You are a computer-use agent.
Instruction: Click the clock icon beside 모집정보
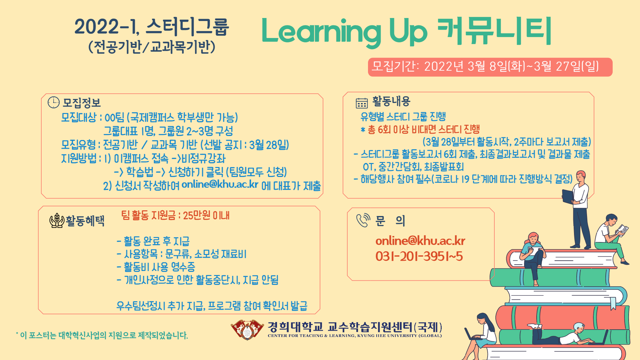pyautogui.click(x=53, y=102)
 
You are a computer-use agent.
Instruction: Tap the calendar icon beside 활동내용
pyautogui.click(x=362, y=103)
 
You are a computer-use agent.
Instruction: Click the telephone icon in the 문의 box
pyautogui.click(x=363, y=220)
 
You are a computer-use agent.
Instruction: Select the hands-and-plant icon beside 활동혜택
pyautogui.click(x=57, y=220)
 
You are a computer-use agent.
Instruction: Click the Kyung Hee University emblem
pyautogui.click(x=247, y=330)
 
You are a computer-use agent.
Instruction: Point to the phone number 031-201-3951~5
pyautogui.click(x=419, y=256)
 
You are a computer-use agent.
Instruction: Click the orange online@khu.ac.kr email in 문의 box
pyautogui.click(x=420, y=241)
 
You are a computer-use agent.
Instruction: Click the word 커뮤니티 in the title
pyautogui.click(x=494, y=31)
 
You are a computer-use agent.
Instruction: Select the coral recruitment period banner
pyautogui.click(x=490, y=67)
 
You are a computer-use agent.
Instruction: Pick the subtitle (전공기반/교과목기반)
pyautogui.click(x=152, y=47)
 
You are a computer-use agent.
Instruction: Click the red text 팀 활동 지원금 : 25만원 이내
pyautogui.click(x=175, y=215)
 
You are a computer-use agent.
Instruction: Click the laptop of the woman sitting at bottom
pyautogui.click(x=471, y=334)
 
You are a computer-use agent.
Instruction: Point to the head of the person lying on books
pyautogui.click(x=579, y=327)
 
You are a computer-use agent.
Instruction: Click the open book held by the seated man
pyautogui.click(x=622, y=229)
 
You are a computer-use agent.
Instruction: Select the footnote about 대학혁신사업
pyautogui.click(x=102, y=335)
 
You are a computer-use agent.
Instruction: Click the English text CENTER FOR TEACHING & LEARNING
pyautogui.click(x=355, y=336)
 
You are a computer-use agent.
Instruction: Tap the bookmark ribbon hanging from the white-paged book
pyautogui.click(x=613, y=303)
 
